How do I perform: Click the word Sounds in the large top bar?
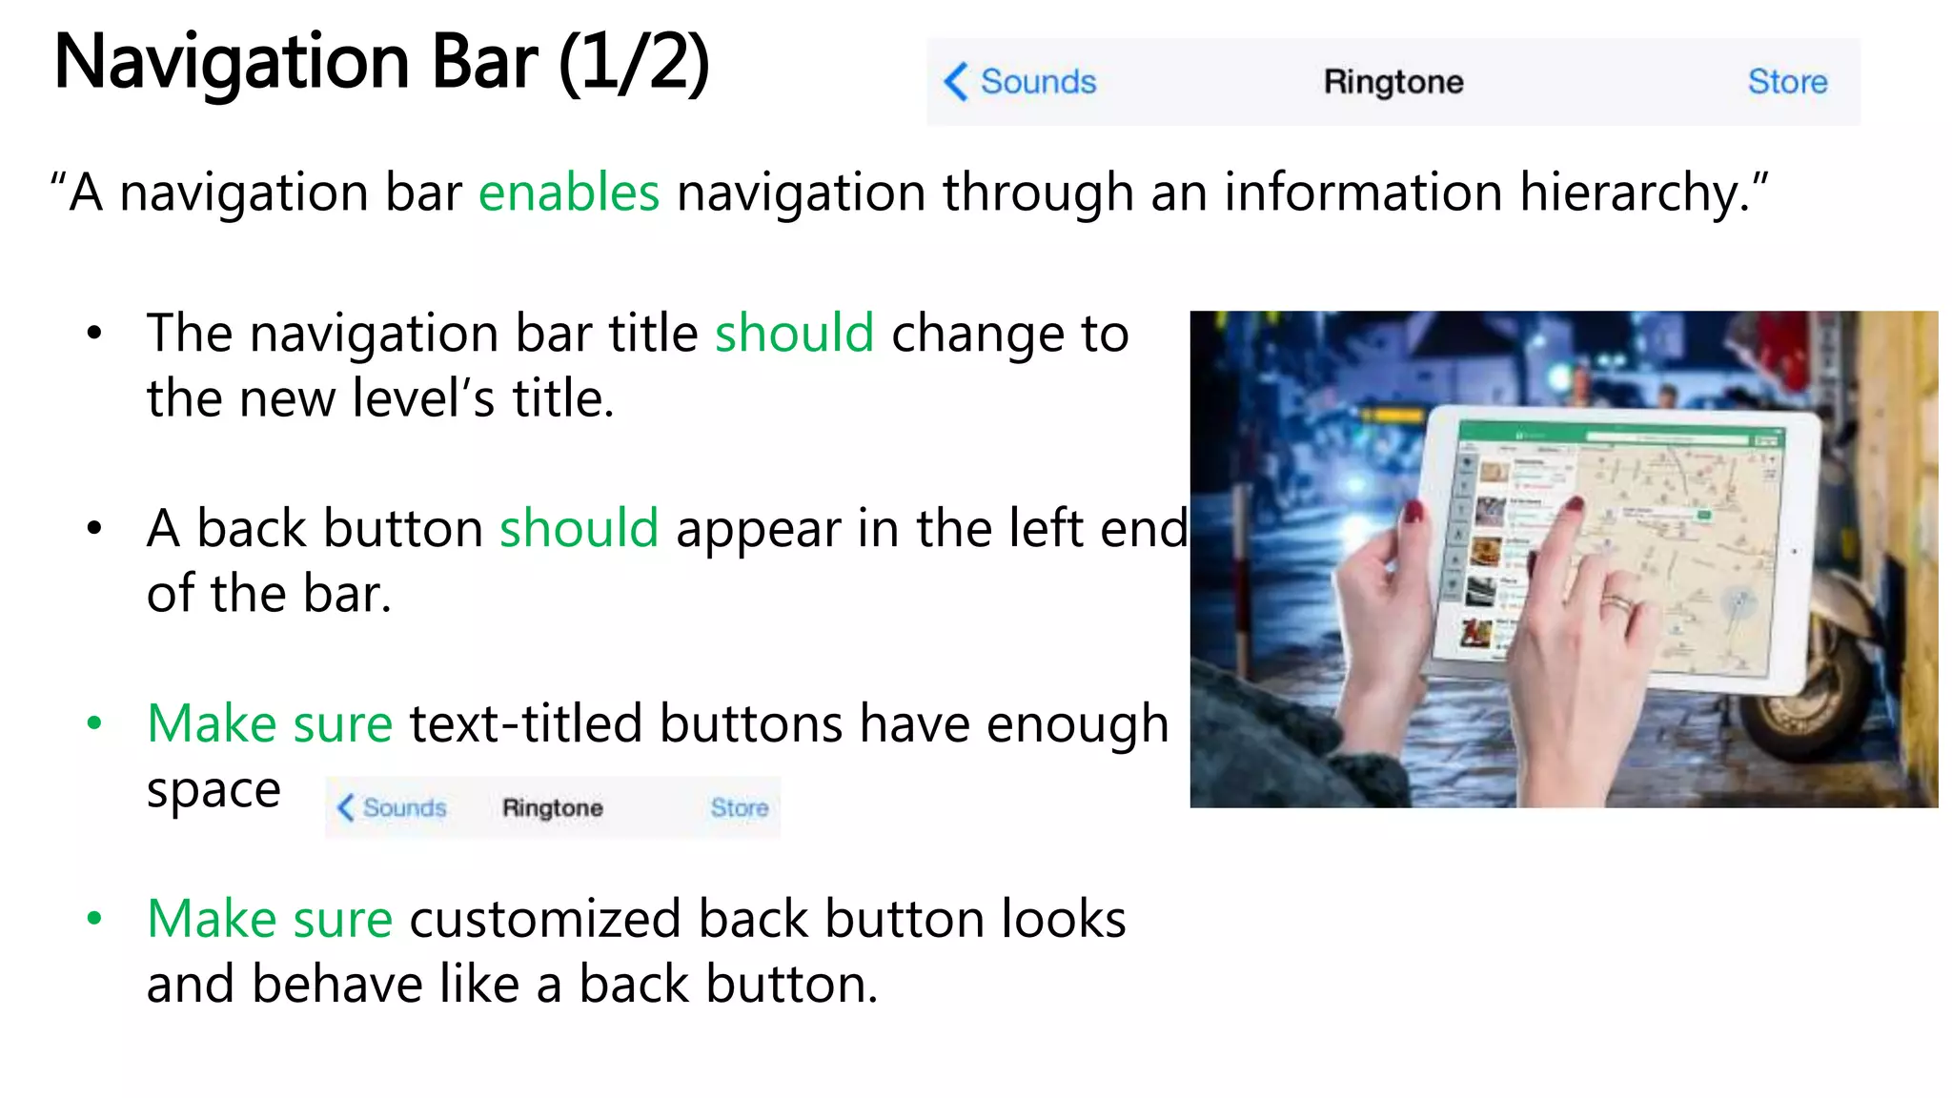[x=1038, y=82]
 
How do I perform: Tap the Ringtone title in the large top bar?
[x=1393, y=82]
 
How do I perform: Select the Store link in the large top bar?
[x=1787, y=82]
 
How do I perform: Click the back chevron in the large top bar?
[x=956, y=82]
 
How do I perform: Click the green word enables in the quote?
[x=569, y=193]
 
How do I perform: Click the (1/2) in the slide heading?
[x=634, y=62]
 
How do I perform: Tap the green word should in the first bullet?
[x=794, y=334]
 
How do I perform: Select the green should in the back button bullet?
[x=579, y=529]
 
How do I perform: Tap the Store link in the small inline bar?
[x=739, y=807]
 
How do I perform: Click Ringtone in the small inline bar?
[x=553, y=807]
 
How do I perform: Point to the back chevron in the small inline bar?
[x=345, y=807]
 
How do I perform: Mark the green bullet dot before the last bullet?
[x=93, y=919]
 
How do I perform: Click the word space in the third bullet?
[x=213, y=790]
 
